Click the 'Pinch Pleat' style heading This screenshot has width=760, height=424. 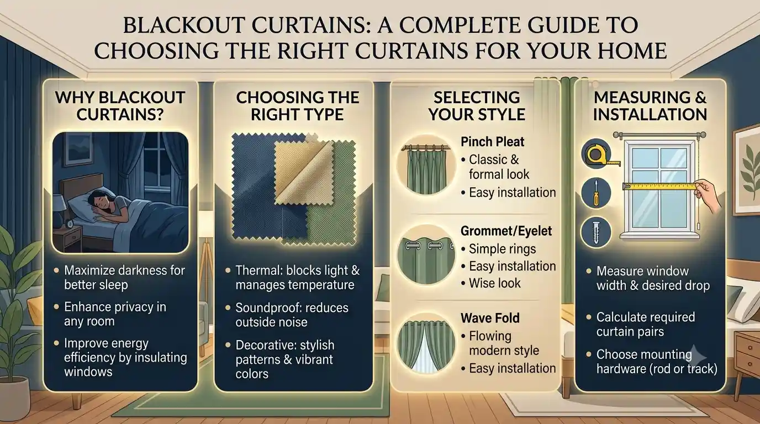pyautogui.click(x=492, y=142)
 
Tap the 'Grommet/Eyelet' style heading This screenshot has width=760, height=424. pyautogui.click(x=506, y=231)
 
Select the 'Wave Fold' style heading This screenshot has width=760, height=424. pyautogui.click(x=490, y=318)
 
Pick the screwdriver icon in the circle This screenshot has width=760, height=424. pyautogui.click(x=596, y=193)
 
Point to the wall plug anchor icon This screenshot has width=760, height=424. pyautogui.click(x=596, y=232)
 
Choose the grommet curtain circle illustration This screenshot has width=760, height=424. pyautogui.click(x=426, y=255)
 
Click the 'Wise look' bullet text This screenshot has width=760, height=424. pyautogui.click(x=494, y=283)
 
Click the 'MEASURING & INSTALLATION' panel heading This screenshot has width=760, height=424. pyautogui.click(x=650, y=106)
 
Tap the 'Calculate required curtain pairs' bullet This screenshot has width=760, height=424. pyautogui.click(x=646, y=324)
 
